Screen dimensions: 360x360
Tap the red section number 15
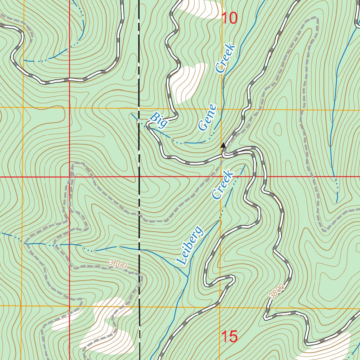230,336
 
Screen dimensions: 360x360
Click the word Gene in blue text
207,118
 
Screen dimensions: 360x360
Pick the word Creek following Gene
225,58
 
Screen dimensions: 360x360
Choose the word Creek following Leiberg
223,185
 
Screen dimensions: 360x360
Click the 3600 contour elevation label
117,264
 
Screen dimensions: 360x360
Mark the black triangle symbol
223,145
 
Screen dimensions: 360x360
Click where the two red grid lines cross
70,177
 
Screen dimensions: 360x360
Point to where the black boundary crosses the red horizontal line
139,177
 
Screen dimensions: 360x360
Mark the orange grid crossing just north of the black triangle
221,109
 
